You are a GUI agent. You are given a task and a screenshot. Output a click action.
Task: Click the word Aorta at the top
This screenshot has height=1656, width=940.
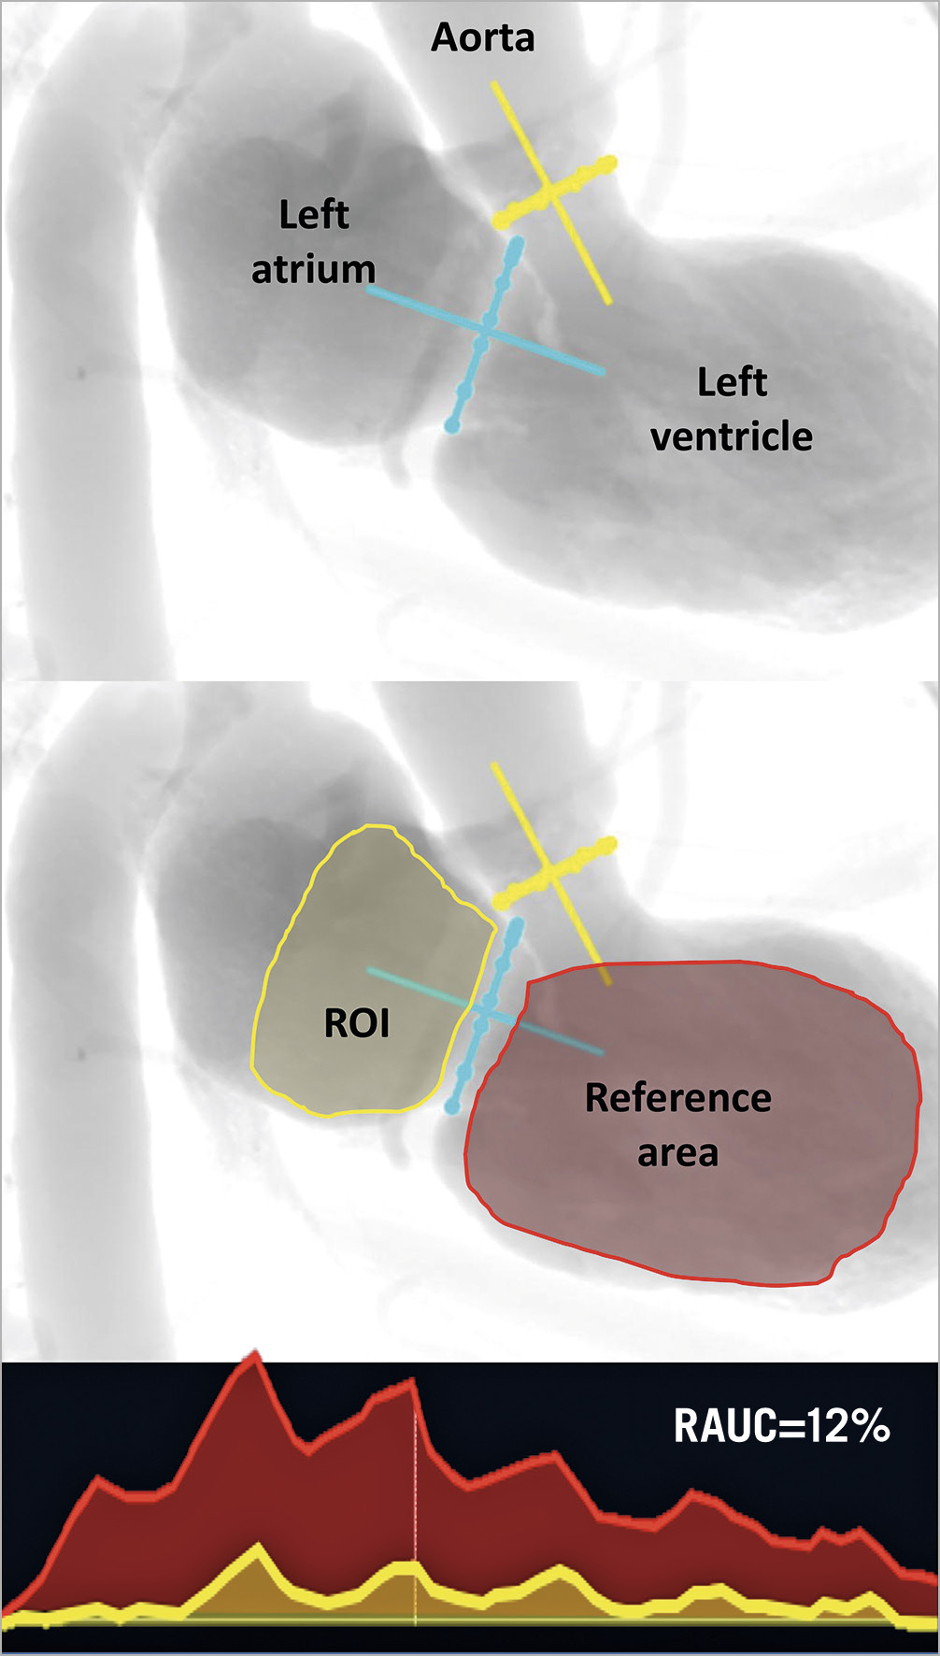click(x=482, y=37)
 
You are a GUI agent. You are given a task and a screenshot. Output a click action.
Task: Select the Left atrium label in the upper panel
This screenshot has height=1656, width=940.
click(x=314, y=242)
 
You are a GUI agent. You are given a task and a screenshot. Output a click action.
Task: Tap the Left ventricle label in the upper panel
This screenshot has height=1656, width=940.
click(x=732, y=409)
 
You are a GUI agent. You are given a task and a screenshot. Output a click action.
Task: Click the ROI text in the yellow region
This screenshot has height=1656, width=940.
click(x=356, y=1023)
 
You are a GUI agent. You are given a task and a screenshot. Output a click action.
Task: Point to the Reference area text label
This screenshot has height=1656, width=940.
click(x=678, y=1125)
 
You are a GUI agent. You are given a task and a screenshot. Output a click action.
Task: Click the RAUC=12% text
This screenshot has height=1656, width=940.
click(x=781, y=1426)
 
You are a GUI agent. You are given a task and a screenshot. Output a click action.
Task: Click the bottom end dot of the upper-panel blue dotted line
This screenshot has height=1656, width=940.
click(x=452, y=426)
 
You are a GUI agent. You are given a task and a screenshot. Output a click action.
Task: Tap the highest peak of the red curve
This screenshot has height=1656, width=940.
click(x=250, y=1354)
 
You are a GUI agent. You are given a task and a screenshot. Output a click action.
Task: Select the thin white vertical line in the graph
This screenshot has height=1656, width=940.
click(x=415, y=1495)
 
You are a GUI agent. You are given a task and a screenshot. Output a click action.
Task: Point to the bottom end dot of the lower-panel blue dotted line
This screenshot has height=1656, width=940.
click(x=452, y=1107)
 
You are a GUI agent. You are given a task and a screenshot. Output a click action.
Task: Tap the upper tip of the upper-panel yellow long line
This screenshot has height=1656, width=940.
click(x=493, y=83)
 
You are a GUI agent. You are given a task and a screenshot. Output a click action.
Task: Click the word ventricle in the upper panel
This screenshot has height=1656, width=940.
click(x=732, y=436)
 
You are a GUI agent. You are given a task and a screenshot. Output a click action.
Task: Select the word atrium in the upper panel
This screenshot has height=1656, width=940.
click(x=314, y=269)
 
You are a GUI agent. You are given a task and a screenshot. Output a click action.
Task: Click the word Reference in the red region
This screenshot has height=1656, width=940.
click(x=678, y=1098)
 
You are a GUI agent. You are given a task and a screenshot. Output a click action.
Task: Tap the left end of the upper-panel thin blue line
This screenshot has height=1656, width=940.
click(x=368, y=290)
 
